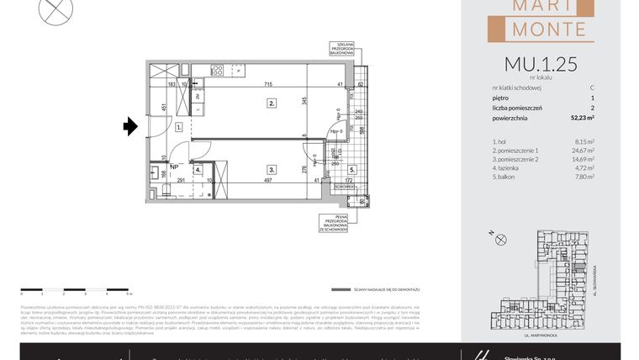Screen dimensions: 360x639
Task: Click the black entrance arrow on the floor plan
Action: [x=130, y=127]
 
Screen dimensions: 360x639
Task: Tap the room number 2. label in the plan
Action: [x=272, y=103]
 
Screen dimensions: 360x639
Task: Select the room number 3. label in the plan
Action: [x=272, y=168]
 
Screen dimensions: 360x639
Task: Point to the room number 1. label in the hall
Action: [x=179, y=127]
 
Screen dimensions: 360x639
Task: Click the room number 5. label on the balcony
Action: [x=352, y=169]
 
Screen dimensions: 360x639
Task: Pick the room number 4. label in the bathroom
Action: [x=197, y=169]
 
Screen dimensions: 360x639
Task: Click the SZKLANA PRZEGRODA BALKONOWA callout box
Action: [x=346, y=50]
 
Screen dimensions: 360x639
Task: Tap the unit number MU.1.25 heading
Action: [x=540, y=64]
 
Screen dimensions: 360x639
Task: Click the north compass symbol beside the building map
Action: [x=501, y=240]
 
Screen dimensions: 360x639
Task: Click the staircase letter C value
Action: [x=592, y=87]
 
